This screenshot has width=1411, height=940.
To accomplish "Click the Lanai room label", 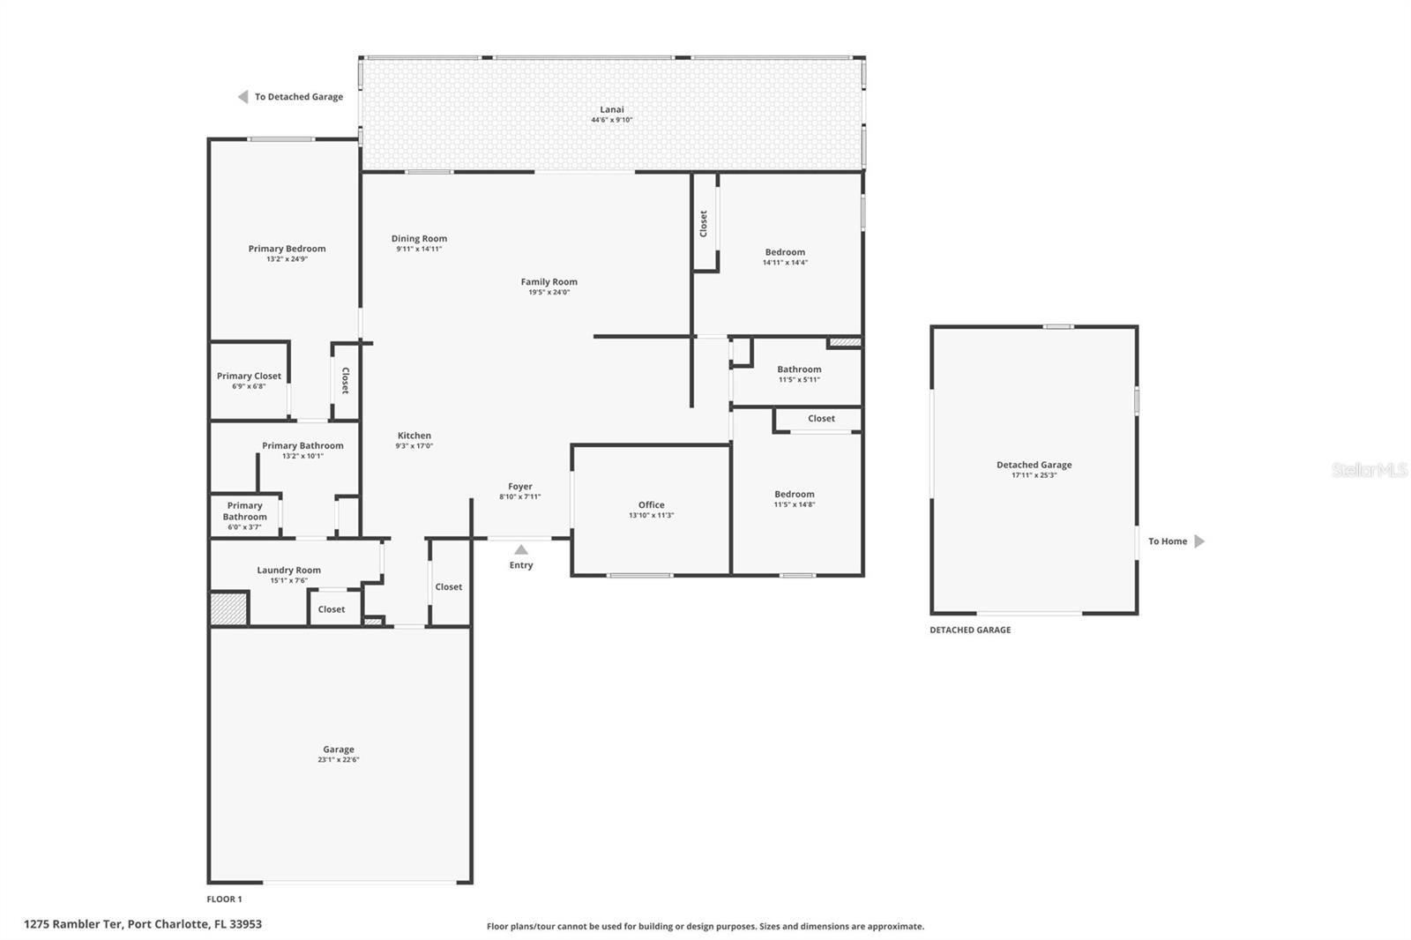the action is pyautogui.click(x=612, y=109).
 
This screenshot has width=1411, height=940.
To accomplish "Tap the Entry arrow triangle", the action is pyautogui.click(x=521, y=549).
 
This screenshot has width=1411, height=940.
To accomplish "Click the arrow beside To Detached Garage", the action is pyautogui.click(x=243, y=96).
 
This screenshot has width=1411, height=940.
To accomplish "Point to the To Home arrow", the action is pyautogui.click(x=1199, y=541).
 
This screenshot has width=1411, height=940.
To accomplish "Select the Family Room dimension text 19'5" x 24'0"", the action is pyautogui.click(x=549, y=293).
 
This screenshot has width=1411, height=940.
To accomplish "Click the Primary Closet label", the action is pyautogui.click(x=249, y=377).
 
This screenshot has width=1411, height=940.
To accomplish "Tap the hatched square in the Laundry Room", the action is pyautogui.click(x=228, y=608).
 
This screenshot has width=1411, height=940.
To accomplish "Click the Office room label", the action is pyautogui.click(x=652, y=504).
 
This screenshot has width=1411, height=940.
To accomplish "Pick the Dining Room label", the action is pyautogui.click(x=419, y=239).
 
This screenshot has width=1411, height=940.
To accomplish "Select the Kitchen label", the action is pyautogui.click(x=414, y=436).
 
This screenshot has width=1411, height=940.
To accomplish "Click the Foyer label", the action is pyautogui.click(x=520, y=487).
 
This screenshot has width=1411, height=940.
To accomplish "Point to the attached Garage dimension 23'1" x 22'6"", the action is pyautogui.click(x=339, y=760).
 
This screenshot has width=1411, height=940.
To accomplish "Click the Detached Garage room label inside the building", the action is pyautogui.click(x=1034, y=465).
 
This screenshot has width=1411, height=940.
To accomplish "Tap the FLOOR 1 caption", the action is pyautogui.click(x=224, y=899).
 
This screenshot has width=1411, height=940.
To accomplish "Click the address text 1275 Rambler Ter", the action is pyautogui.click(x=73, y=924).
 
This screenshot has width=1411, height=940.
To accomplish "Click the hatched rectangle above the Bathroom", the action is pyautogui.click(x=846, y=342).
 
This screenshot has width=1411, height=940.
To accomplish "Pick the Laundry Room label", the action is pyautogui.click(x=289, y=571).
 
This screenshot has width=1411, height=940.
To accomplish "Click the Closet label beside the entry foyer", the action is pyautogui.click(x=449, y=587).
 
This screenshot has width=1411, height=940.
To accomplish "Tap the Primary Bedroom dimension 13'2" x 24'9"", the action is pyautogui.click(x=287, y=259).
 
